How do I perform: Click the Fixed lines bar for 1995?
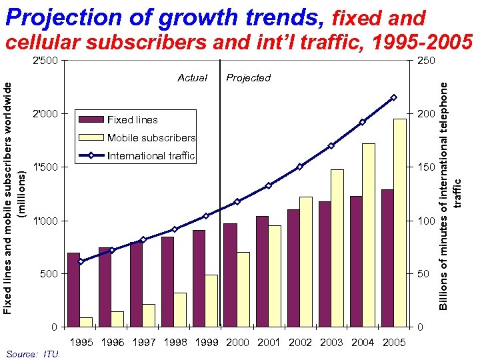click(73, 290)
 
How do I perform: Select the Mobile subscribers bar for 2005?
click(400, 223)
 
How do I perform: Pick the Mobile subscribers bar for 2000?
click(243, 289)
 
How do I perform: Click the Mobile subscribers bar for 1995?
click(86, 322)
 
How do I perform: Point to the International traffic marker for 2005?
click(394, 97)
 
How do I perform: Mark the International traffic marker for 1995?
click(81, 261)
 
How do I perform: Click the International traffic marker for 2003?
click(331, 145)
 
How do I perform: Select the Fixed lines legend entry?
click(132, 120)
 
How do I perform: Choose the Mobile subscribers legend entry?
click(151, 138)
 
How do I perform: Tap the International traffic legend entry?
click(151, 156)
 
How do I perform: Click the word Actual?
click(193, 78)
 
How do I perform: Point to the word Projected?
click(249, 78)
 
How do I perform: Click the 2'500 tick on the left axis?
click(46, 61)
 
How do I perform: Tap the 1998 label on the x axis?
click(175, 342)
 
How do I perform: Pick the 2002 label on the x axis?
click(300, 342)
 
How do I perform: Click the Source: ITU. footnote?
click(33, 354)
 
